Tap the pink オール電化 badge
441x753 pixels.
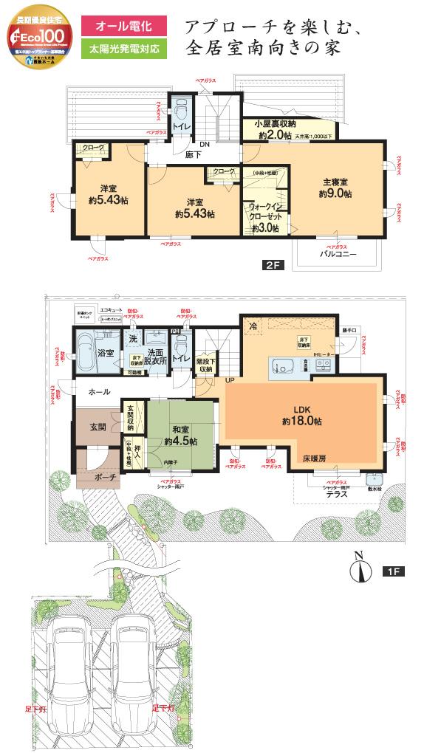tap(125, 27)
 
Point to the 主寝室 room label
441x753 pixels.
tap(335, 182)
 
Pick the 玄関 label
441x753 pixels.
tap(98, 427)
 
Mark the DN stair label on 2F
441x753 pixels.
tap(204, 145)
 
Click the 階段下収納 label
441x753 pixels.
tap(205, 365)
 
